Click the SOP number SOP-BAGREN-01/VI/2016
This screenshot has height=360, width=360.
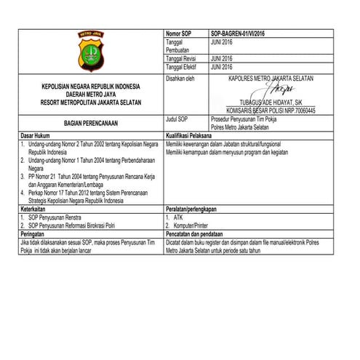pyautogui.click(x=237, y=35)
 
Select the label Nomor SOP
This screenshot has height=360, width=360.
pyautogui.click(x=178, y=35)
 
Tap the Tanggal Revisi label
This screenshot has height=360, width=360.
pyautogui.click(x=183, y=59)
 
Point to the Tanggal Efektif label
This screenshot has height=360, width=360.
pyautogui.click(x=183, y=67)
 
